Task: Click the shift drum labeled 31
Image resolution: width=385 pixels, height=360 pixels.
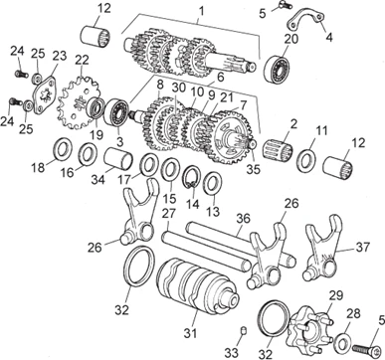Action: [198, 287]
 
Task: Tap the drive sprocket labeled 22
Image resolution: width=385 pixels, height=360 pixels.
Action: [76, 103]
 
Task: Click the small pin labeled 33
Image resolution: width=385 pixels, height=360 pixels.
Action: [243, 331]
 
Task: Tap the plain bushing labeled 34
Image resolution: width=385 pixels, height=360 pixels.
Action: [118, 157]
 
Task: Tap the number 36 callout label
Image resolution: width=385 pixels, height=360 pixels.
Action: [246, 220]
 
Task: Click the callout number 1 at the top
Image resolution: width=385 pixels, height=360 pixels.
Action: [201, 11]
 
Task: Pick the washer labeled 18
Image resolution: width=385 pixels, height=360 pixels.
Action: [63, 149]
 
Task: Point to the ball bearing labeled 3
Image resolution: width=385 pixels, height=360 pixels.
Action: [117, 111]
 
